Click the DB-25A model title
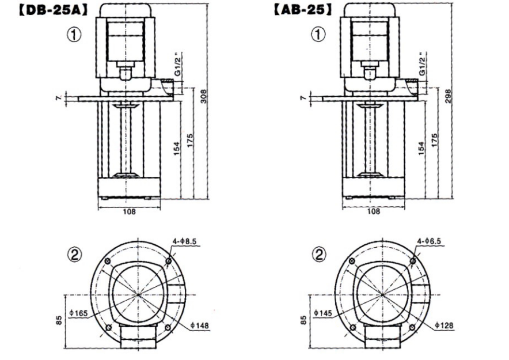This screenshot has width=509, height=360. [x=53, y=11]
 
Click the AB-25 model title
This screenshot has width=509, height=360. [x=303, y=10]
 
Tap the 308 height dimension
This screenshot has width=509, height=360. [x=203, y=96]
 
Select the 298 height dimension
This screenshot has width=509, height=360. [x=448, y=96]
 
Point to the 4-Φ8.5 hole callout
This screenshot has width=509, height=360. [x=184, y=242]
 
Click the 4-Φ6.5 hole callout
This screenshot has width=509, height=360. [x=429, y=241]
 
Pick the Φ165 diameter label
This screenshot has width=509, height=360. [x=78, y=313]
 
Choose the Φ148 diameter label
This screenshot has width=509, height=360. [x=200, y=325]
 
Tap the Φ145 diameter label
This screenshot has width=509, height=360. [x=323, y=313]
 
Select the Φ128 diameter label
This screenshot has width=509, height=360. [x=444, y=325]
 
